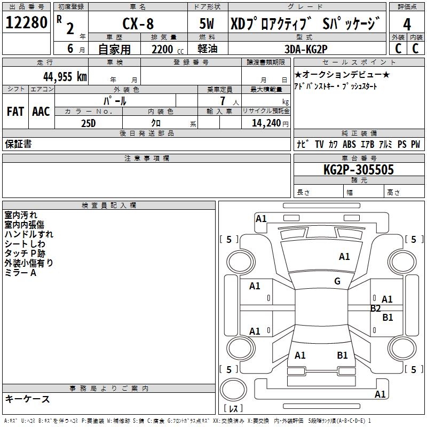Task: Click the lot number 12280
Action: point(27,23)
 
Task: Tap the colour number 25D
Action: point(88,123)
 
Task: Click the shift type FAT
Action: point(15,112)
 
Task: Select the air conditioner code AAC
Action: point(41,112)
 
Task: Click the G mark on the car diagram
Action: point(337,281)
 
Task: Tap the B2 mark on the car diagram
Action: point(376,308)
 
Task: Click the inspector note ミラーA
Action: point(20,273)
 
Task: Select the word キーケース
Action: point(27,399)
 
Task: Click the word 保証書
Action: point(18,144)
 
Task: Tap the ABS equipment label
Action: point(349,144)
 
